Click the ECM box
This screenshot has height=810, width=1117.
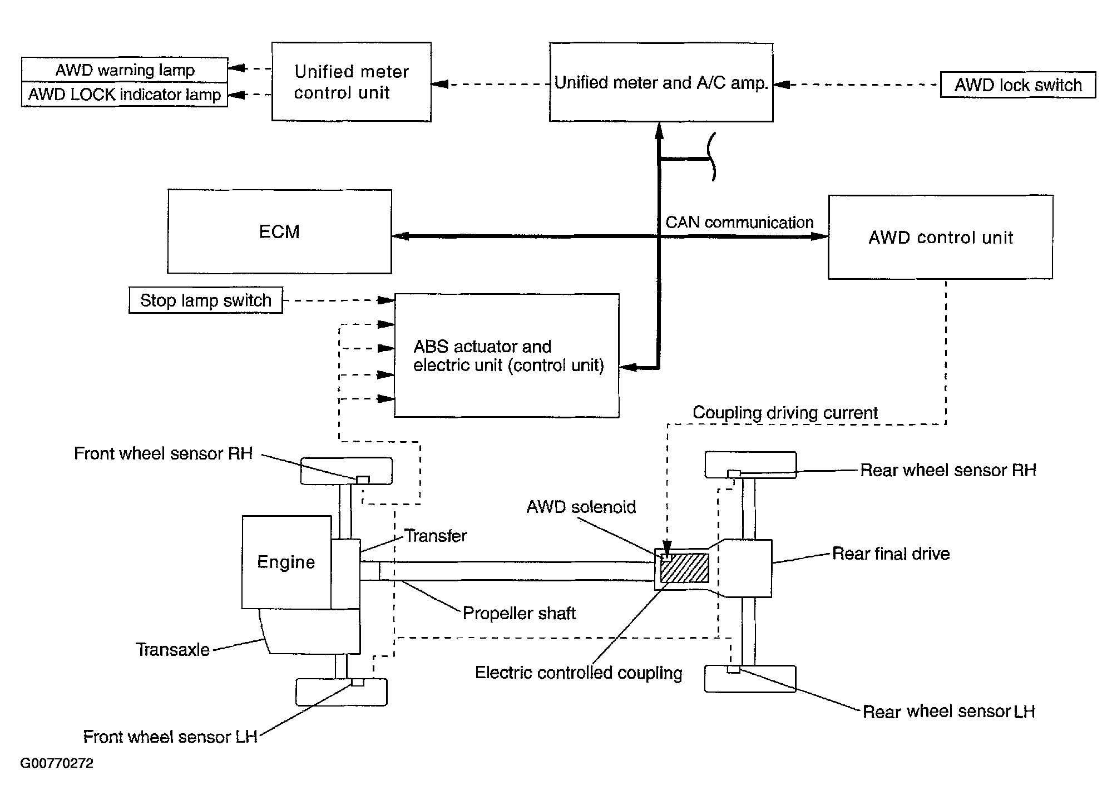279,231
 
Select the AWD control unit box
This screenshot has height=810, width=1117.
940,238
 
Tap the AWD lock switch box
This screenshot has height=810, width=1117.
1017,85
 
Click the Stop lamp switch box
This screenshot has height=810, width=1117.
205,300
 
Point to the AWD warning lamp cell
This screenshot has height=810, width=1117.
125,70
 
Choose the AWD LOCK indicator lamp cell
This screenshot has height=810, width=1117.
125,95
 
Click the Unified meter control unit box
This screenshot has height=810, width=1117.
351,82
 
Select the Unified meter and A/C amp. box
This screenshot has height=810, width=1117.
661,83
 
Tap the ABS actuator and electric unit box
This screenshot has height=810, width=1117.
506,356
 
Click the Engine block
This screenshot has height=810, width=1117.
286,562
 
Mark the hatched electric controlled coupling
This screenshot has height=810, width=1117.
685,568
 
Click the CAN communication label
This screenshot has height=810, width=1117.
739,223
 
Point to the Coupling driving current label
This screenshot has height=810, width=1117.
784,413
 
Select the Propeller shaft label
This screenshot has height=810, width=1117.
519,613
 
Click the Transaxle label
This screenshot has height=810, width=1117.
172,650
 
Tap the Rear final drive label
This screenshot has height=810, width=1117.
891,554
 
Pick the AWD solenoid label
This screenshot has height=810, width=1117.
581,507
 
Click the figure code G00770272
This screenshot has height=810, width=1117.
57,763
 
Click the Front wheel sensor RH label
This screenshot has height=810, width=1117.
163,453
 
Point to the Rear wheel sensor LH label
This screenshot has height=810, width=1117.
948,712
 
